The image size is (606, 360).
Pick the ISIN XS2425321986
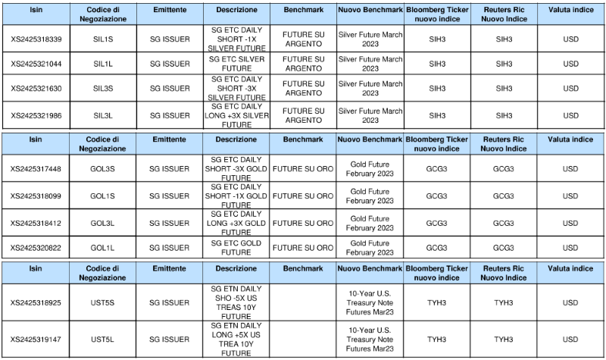[36, 116]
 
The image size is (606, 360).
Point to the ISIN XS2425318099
[36, 196]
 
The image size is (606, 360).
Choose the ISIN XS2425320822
[36, 247]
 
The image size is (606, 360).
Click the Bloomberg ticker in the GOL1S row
[437, 196]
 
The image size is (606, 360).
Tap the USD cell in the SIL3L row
[570, 116]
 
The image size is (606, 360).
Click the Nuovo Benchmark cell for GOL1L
[370, 247]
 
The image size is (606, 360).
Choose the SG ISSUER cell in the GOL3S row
[170, 169]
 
